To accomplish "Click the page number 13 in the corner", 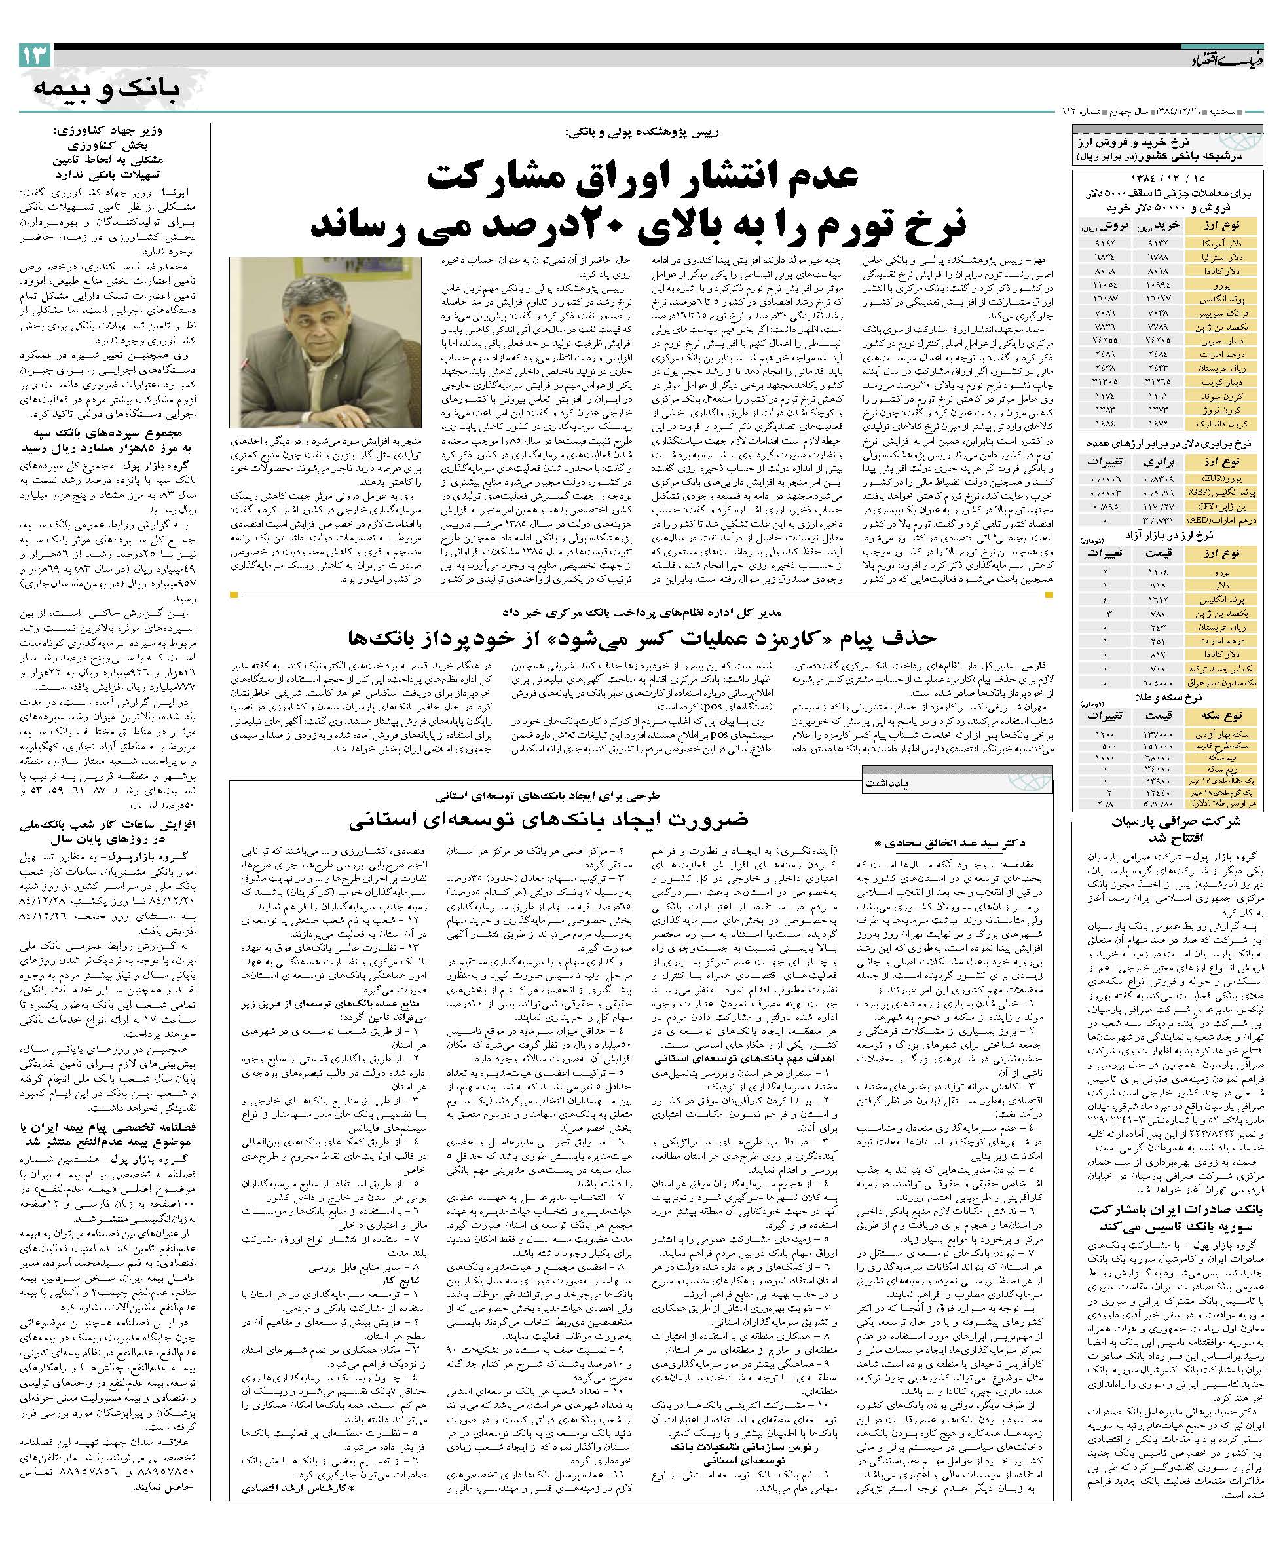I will point(35,55).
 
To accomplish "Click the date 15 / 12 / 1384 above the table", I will point(1168,179).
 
